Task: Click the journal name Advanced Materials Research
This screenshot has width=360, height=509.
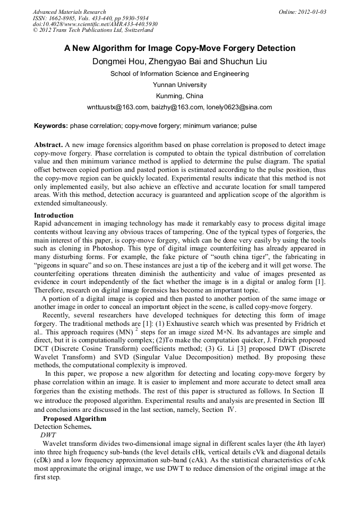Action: point(69,12)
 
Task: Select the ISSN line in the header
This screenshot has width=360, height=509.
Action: point(90,18)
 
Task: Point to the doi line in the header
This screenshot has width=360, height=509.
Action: point(95,24)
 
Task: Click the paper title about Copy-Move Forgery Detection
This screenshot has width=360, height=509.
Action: point(179,48)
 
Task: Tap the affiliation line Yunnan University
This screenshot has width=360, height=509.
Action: point(179,85)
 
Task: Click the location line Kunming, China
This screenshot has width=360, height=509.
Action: point(179,96)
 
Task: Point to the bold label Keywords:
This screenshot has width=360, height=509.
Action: point(51,126)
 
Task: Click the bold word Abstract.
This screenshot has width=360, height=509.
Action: point(48,144)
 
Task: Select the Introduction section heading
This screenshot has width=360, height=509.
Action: point(54,215)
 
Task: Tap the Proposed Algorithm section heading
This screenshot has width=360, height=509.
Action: point(74,419)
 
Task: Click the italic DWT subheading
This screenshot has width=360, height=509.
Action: point(48,434)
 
